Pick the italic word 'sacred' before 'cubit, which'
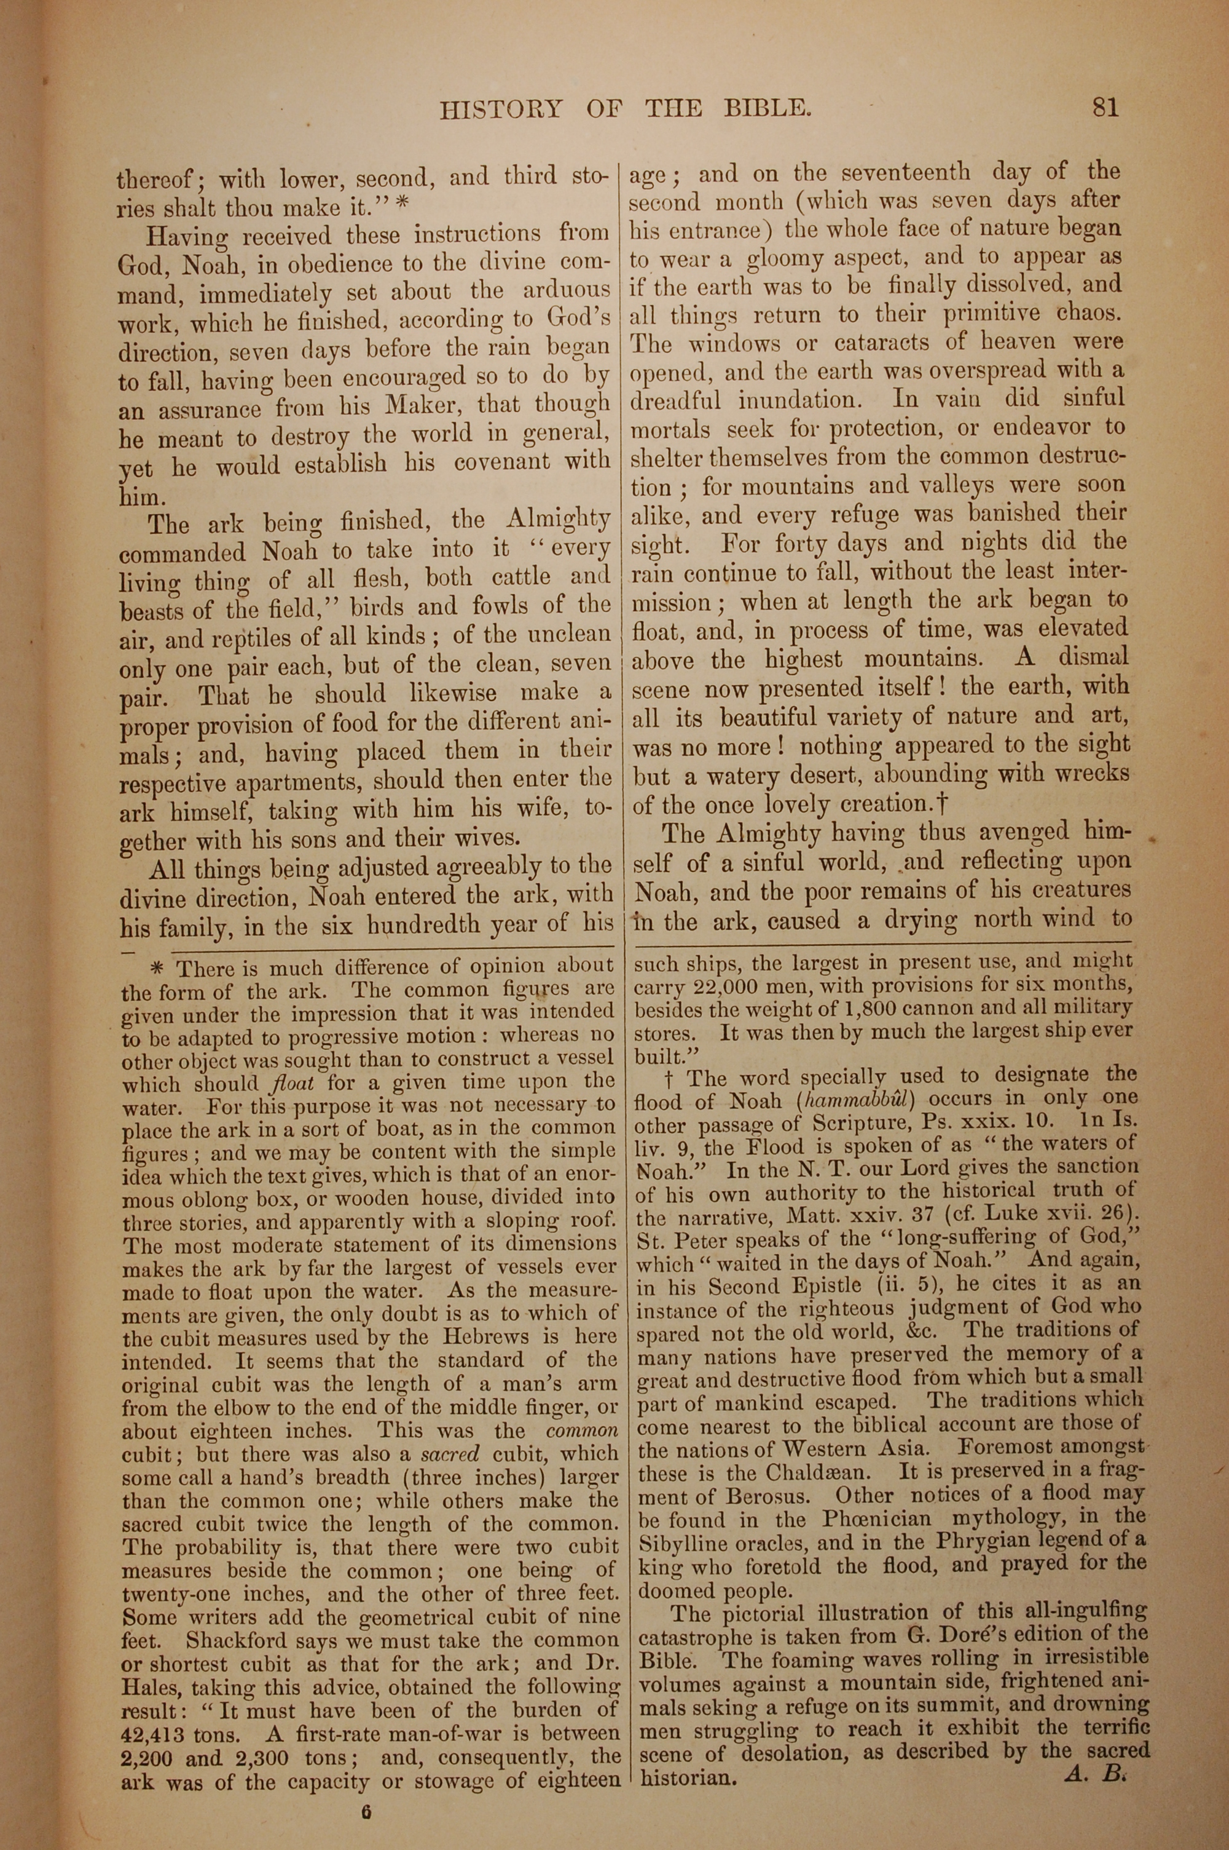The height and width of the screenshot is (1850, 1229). [449, 1453]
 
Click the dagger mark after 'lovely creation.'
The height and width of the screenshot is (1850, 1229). [943, 804]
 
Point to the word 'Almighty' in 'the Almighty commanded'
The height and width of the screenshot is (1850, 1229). [558, 520]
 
